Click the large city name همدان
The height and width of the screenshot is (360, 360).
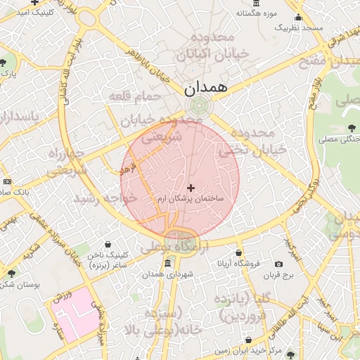(x=205, y=88)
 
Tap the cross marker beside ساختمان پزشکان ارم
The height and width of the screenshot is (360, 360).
(x=191, y=188)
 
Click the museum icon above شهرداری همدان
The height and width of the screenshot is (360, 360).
(x=167, y=264)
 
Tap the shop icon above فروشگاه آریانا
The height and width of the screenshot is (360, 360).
(x=238, y=252)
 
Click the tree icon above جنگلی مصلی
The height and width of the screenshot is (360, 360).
(x=352, y=128)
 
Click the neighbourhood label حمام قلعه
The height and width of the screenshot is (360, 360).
(x=135, y=96)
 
